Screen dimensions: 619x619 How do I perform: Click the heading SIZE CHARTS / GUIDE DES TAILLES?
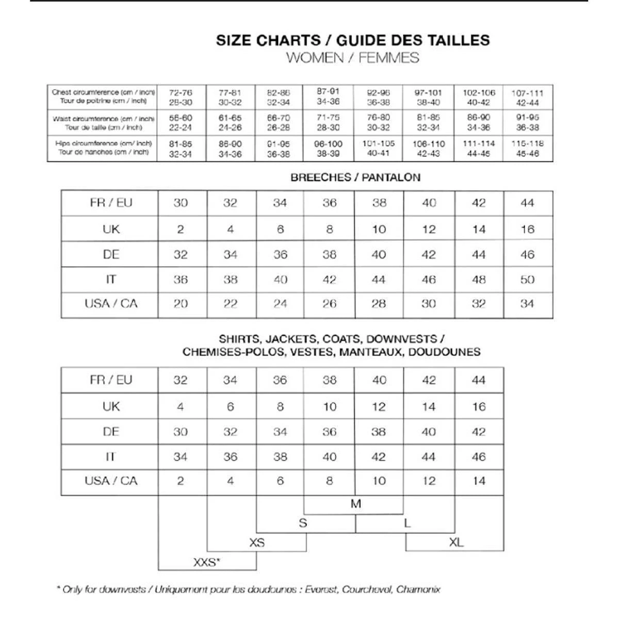pyautogui.click(x=353, y=40)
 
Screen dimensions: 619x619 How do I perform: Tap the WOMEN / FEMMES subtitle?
pyautogui.click(x=353, y=58)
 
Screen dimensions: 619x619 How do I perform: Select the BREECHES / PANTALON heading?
pyautogui.click(x=355, y=177)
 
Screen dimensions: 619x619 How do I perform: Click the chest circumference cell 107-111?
pyautogui.click(x=527, y=97)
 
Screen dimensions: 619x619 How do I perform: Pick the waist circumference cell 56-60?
pyautogui.click(x=181, y=123)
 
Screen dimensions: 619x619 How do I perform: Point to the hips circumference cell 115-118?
pyautogui.click(x=527, y=149)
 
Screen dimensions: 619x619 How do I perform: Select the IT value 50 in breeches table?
pyautogui.click(x=527, y=280)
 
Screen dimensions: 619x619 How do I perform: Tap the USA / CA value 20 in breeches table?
pyautogui.click(x=181, y=304)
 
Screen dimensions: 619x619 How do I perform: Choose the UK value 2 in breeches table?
pyautogui.click(x=181, y=230)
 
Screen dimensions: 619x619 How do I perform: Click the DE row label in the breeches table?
pyautogui.click(x=111, y=254)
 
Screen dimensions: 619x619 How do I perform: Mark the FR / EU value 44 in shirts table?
pyautogui.click(x=479, y=380)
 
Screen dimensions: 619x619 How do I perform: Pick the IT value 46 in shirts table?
pyautogui.click(x=479, y=457)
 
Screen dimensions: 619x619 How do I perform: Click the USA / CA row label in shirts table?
pyautogui.click(x=111, y=481)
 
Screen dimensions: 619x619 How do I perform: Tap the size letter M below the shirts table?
pyautogui.click(x=356, y=504)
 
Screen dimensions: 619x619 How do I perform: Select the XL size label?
pyautogui.click(x=456, y=542)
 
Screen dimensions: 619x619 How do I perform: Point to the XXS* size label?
pyautogui.click(x=207, y=562)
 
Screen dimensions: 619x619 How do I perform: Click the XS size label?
pyautogui.click(x=257, y=543)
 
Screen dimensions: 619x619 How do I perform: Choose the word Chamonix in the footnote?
pyautogui.click(x=418, y=589)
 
